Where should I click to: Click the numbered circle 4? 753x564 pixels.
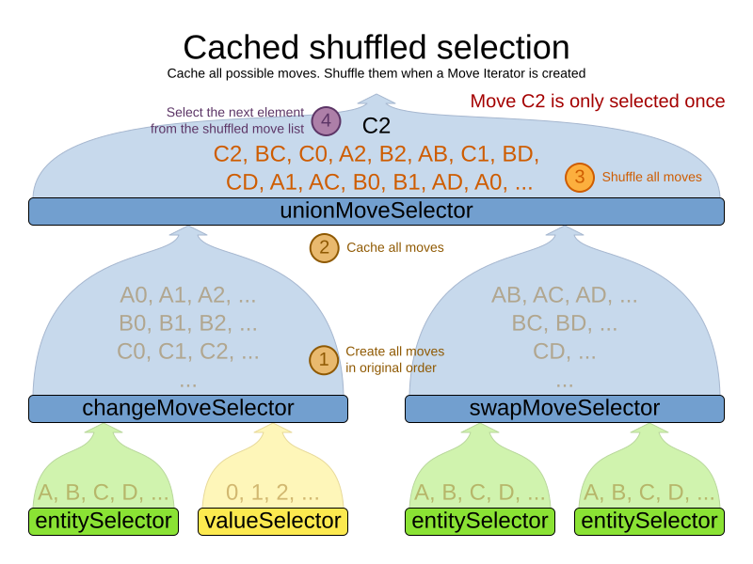326,121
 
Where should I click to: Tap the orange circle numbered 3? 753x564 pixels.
580,177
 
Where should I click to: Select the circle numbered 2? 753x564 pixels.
325,247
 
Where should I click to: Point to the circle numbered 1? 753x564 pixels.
324,359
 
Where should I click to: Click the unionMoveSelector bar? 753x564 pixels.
376,211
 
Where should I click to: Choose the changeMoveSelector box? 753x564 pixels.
188,408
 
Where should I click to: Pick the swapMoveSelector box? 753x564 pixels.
565,408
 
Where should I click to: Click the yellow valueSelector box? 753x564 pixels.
273,521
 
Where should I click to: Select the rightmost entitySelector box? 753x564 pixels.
649,521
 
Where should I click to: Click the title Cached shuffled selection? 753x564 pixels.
376,47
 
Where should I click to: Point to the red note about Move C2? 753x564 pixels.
598,102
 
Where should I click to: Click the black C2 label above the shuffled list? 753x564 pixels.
376,126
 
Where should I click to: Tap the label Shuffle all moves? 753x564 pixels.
651,177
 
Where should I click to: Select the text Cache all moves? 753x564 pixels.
395,248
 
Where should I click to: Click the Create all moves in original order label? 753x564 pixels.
394,359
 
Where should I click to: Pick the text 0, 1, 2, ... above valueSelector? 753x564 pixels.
273,493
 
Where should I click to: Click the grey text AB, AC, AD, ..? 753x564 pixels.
565,295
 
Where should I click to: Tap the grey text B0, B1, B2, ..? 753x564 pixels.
188,323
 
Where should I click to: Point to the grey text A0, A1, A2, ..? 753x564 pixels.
188,295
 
